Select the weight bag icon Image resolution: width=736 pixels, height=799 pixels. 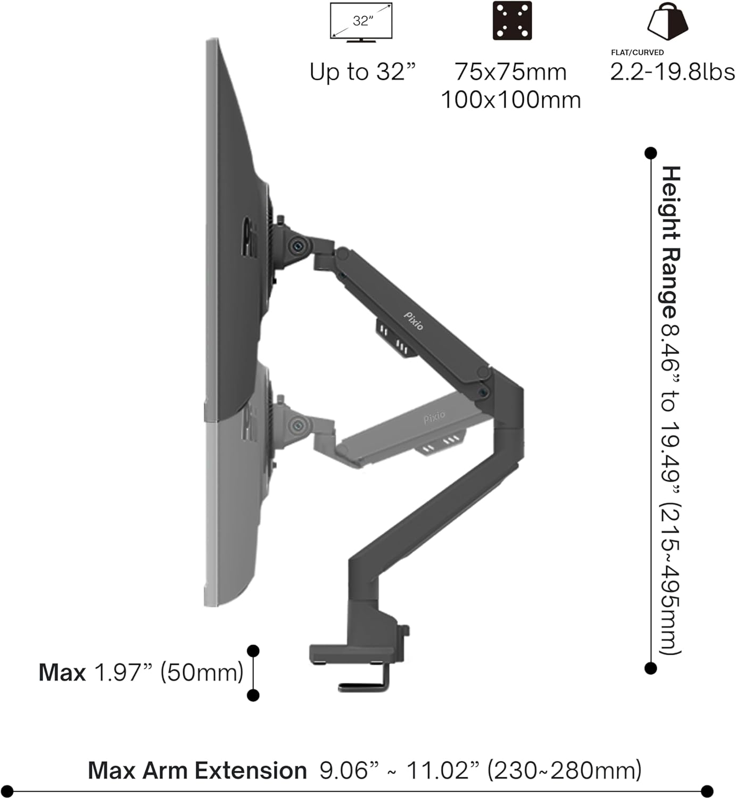tap(667, 21)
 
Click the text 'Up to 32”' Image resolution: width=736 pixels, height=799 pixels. tap(362, 72)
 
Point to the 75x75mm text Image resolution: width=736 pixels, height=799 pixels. tap(511, 72)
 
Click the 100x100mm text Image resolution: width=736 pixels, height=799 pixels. tap(511, 100)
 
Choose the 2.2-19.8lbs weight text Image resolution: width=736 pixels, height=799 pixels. tap(672, 72)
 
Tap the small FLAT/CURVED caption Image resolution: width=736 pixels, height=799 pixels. tap(637, 52)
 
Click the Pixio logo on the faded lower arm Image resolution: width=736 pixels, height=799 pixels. tap(434, 417)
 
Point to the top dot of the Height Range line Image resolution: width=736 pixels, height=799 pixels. tap(650, 153)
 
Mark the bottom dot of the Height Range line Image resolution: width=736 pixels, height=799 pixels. tap(650, 668)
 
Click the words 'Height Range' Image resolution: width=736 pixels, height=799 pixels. tap(671, 242)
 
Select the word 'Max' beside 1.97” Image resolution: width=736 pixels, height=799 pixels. tap(62, 673)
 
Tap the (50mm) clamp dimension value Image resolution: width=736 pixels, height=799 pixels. tap(202, 673)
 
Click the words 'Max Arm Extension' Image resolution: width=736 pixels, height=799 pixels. tap(197, 771)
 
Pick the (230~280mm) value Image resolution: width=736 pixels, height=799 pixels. tap(565, 771)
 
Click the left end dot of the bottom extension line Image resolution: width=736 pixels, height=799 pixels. tap(7, 791)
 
